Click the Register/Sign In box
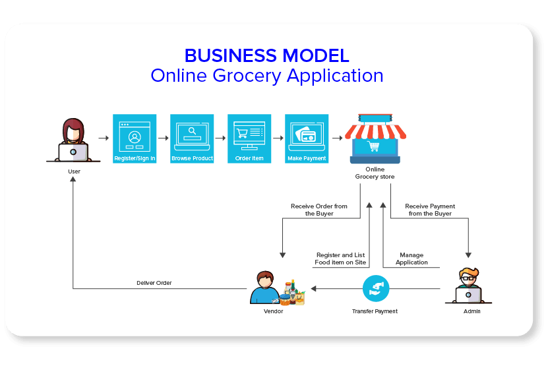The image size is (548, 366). pyautogui.click(x=135, y=138)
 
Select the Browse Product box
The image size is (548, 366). pyautogui.click(x=192, y=138)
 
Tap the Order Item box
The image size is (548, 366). pyautogui.click(x=249, y=138)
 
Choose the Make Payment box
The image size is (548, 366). pyautogui.click(x=307, y=138)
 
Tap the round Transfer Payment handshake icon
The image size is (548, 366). pyautogui.click(x=375, y=288)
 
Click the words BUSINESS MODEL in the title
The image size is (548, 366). pyautogui.click(x=266, y=55)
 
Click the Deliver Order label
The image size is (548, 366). pyautogui.click(x=154, y=283)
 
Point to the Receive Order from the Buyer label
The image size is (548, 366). pyautogui.click(x=319, y=210)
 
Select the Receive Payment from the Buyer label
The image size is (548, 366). pyautogui.click(x=430, y=210)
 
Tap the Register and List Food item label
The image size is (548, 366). pyautogui.click(x=340, y=259)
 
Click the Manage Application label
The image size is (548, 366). pyautogui.click(x=411, y=259)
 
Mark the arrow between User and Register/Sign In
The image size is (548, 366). pyautogui.click(x=103, y=138)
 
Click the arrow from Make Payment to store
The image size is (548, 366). pyautogui.click(x=337, y=138)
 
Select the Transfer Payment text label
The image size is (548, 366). pyautogui.click(x=375, y=311)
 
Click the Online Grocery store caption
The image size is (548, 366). pyautogui.click(x=375, y=173)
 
